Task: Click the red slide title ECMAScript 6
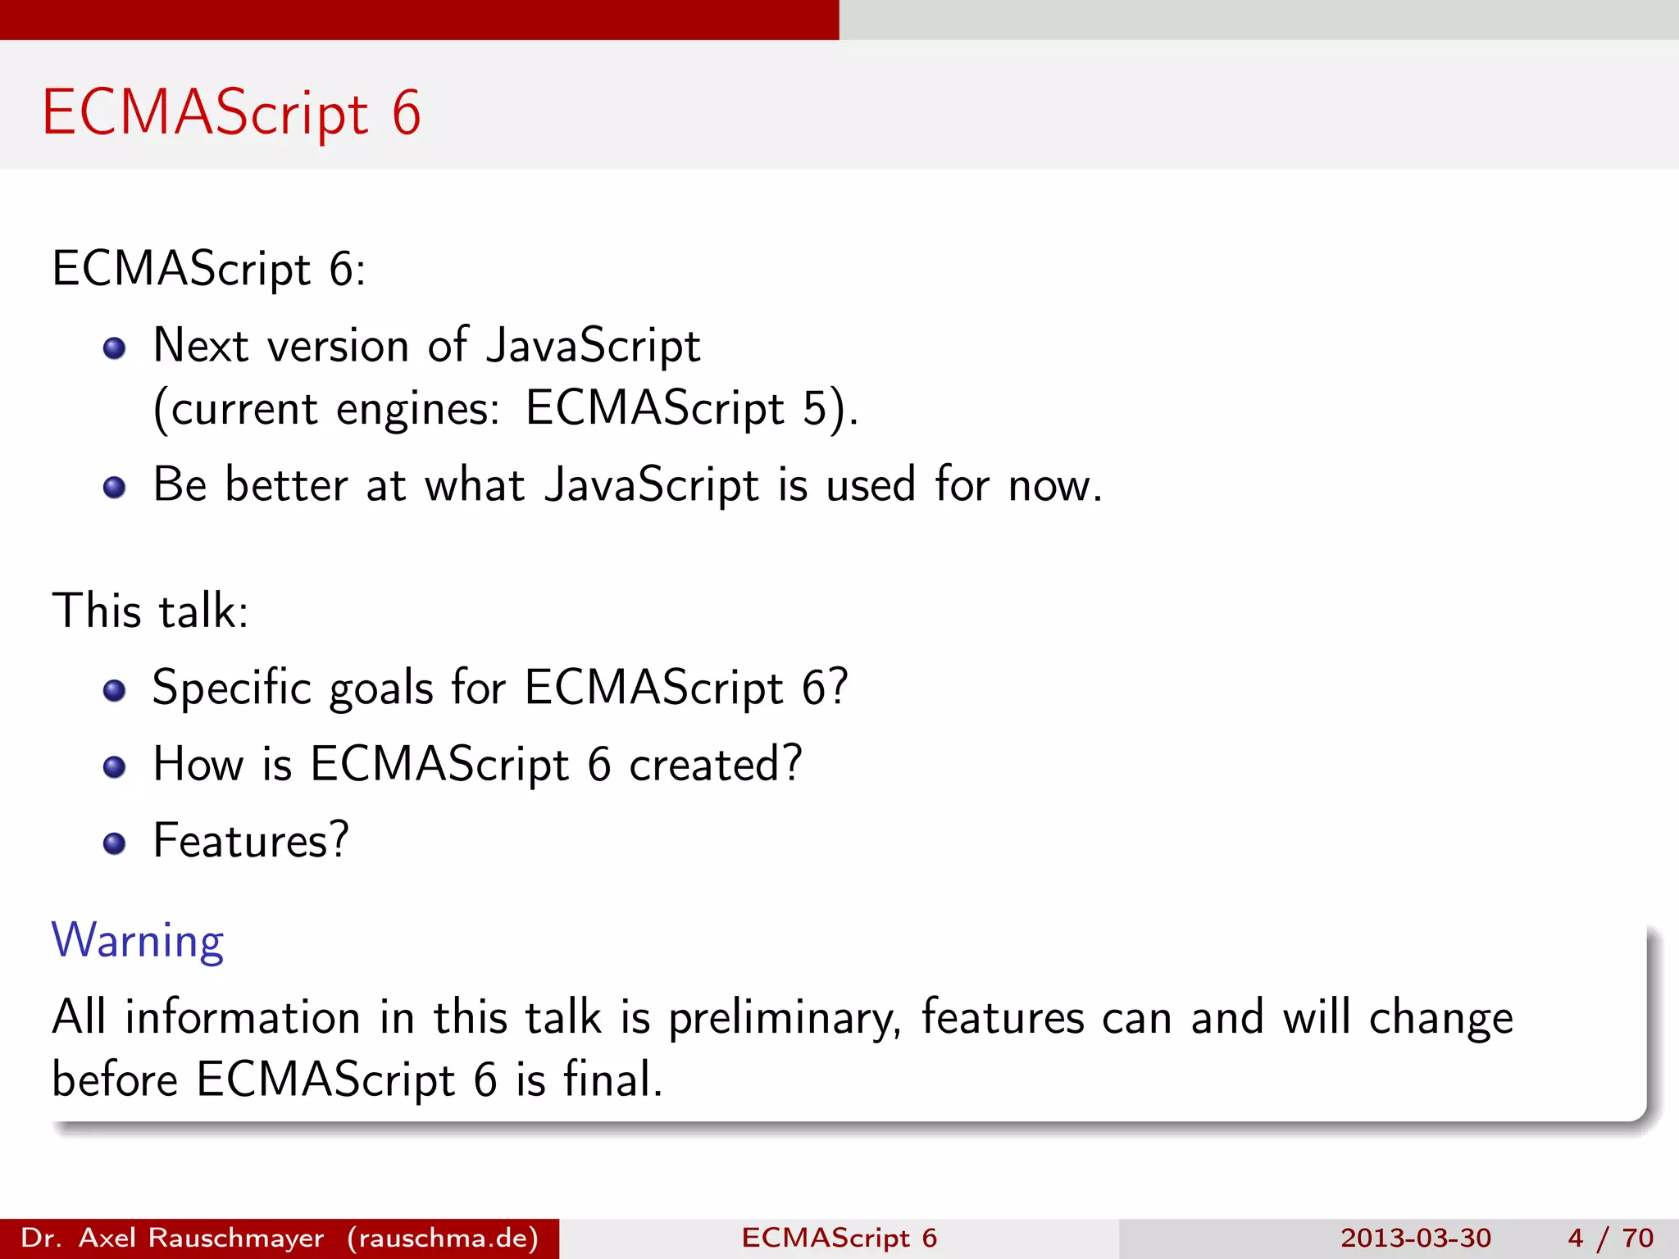pyautogui.click(x=231, y=112)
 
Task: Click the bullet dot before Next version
pyautogui.click(x=114, y=348)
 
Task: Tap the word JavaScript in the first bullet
pyautogui.click(x=593, y=346)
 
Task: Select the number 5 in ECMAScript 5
pyautogui.click(x=815, y=408)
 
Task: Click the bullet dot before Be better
pyautogui.click(x=114, y=488)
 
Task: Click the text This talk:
pyautogui.click(x=150, y=611)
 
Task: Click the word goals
pyautogui.click(x=380, y=689)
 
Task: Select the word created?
pyautogui.click(x=715, y=764)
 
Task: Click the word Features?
pyautogui.click(x=251, y=841)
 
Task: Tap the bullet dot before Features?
pyautogui.click(x=114, y=843)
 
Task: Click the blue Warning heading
pyautogui.click(x=138, y=940)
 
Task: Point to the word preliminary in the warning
pyautogui.click(x=784, y=1019)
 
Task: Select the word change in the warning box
pyautogui.click(x=1440, y=1019)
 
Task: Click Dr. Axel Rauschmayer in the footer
pyautogui.click(x=172, y=1238)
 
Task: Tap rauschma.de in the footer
pyautogui.click(x=443, y=1238)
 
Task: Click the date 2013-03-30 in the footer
pyautogui.click(x=1415, y=1238)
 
